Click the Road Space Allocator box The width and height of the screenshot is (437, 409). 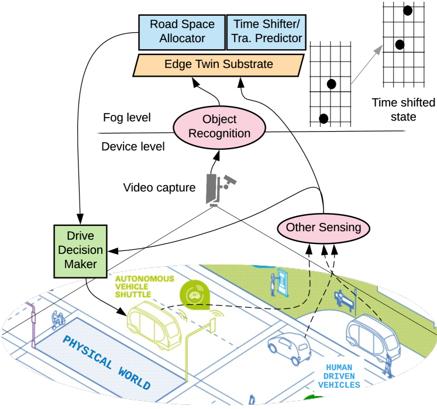(182, 32)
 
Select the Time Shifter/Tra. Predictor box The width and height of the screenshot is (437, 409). (266, 32)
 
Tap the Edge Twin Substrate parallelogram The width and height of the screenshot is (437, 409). (218, 65)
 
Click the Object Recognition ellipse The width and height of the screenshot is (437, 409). (219, 128)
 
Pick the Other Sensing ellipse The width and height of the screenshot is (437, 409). (324, 228)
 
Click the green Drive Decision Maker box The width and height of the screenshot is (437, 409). (80, 251)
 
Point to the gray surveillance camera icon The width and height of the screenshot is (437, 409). (220, 190)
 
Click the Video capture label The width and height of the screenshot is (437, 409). (159, 188)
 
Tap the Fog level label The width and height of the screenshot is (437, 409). (127, 118)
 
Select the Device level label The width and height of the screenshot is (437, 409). (133, 146)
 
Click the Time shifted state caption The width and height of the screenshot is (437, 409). (403, 109)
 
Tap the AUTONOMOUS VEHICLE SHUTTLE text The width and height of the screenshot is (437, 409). (144, 287)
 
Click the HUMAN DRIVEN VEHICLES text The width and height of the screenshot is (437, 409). (339, 376)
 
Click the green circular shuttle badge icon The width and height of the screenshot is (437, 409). (195, 295)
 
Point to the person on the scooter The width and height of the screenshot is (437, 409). (58, 320)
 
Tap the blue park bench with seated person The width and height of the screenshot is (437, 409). (343, 301)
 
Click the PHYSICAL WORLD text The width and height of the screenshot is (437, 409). (106, 362)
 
